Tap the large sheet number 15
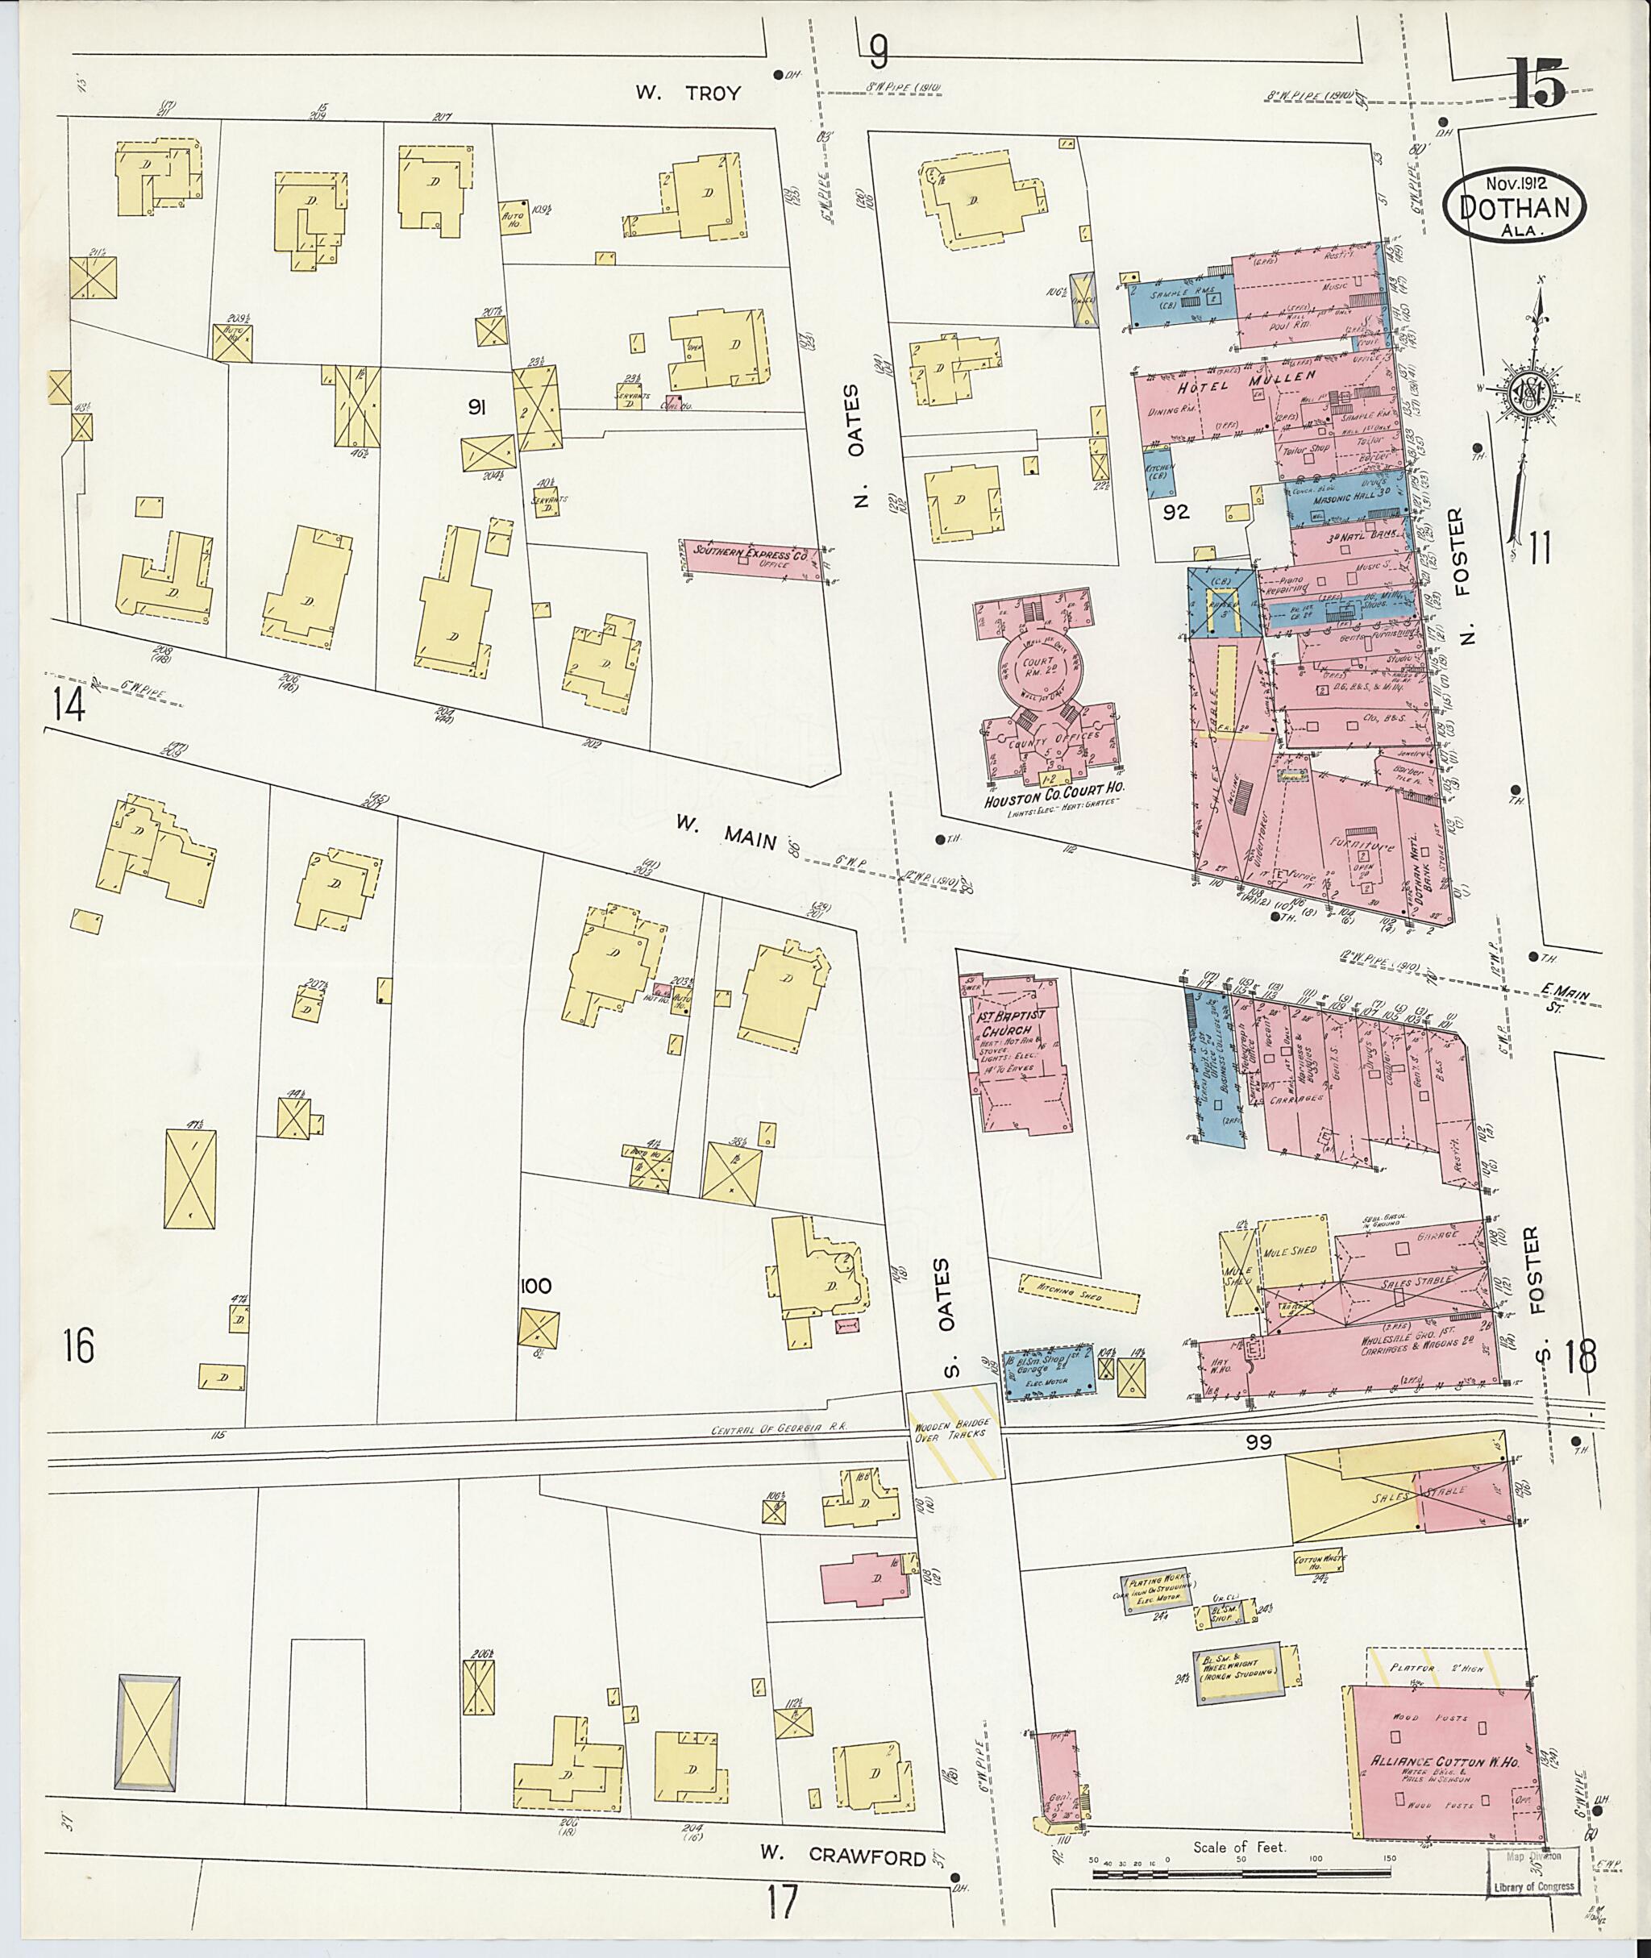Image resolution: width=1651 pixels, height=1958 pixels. [x=1535, y=83]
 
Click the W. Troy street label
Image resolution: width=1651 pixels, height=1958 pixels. [x=688, y=93]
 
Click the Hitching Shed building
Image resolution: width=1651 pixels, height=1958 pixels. [x=1079, y=1295]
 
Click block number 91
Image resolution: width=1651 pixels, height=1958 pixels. [x=477, y=406]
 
